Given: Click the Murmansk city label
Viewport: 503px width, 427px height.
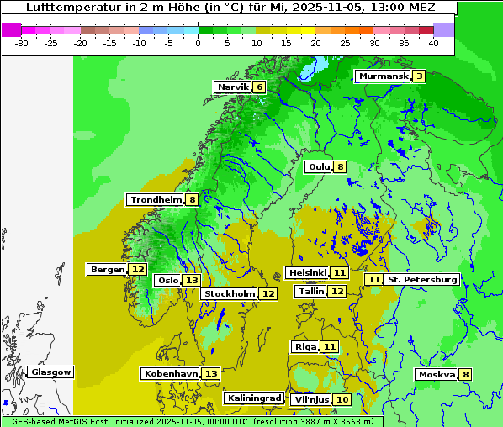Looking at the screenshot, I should click(x=384, y=76).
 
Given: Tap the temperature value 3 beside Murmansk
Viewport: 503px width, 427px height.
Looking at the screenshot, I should click(x=418, y=76).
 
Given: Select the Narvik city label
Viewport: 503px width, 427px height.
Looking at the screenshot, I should click(x=233, y=87).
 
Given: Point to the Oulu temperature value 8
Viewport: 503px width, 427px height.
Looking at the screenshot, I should click(x=340, y=166).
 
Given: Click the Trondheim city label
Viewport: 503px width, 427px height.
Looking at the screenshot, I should click(x=156, y=199).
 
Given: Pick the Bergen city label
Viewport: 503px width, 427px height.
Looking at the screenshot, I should click(x=107, y=269).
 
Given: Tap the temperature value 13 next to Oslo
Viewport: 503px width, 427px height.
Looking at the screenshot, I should click(x=193, y=280).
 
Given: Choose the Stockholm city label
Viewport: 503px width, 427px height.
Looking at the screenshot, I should click(x=229, y=293).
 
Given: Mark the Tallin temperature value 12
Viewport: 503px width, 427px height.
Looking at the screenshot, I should click(x=336, y=291).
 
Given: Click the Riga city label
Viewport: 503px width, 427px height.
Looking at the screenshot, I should click(x=304, y=346).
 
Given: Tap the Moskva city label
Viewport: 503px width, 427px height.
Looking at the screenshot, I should click(x=437, y=374).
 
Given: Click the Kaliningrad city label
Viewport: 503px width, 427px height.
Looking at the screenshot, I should click(x=253, y=398).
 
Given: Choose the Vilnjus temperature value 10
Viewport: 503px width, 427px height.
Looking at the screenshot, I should click(x=342, y=399).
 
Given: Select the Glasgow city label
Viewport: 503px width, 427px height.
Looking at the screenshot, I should click(x=51, y=372).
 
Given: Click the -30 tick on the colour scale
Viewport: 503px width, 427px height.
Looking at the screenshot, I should click(x=22, y=43).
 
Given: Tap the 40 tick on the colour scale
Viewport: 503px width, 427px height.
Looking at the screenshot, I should click(x=433, y=43).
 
